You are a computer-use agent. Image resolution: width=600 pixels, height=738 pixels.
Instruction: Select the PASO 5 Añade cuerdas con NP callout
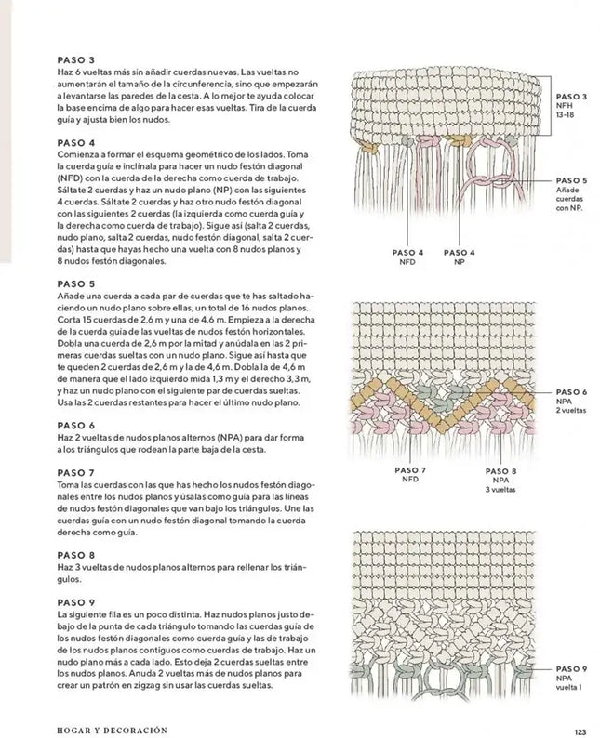570,193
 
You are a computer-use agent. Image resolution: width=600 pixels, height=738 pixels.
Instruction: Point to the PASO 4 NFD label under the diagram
408,257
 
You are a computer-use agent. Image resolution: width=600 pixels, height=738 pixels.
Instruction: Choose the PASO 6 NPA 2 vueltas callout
570,401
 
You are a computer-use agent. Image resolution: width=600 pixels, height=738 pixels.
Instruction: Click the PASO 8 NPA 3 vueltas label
500,480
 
